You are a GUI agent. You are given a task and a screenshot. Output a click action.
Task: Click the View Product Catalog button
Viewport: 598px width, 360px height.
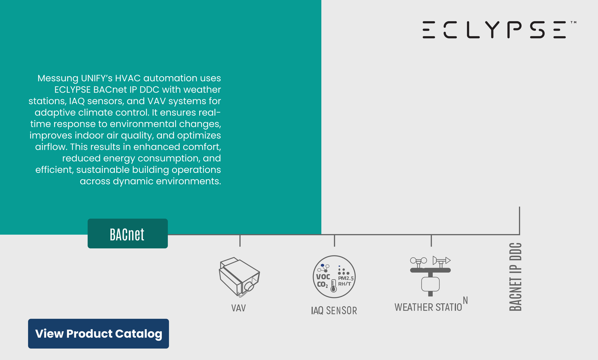[99, 333]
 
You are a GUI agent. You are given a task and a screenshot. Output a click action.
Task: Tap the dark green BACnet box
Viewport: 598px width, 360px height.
[127, 234]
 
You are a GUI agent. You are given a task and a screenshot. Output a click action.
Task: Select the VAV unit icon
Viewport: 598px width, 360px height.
[239, 277]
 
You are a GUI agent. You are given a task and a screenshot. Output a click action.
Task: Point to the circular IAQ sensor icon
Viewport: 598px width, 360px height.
[334, 277]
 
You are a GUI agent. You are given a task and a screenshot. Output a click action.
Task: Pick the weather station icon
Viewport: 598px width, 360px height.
[430, 276]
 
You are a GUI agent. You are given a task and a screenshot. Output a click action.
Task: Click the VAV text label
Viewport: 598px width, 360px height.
[238, 308]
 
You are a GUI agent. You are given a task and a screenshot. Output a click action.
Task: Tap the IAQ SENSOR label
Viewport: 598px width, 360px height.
[334, 310]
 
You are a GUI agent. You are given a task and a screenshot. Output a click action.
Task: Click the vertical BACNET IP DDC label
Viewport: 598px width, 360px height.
[515, 277]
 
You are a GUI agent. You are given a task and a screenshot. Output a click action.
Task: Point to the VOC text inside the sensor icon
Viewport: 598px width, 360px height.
[323, 277]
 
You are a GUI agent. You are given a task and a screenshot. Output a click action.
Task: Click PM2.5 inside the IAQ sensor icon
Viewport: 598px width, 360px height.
[346, 278]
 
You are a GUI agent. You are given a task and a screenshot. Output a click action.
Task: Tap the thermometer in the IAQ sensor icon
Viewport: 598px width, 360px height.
[333, 286]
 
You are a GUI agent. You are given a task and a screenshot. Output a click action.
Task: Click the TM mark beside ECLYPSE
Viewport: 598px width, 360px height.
[573, 23]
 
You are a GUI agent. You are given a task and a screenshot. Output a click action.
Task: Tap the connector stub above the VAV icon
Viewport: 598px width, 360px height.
[240, 241]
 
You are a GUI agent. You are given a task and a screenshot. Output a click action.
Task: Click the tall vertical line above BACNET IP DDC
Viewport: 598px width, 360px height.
[520, 221]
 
